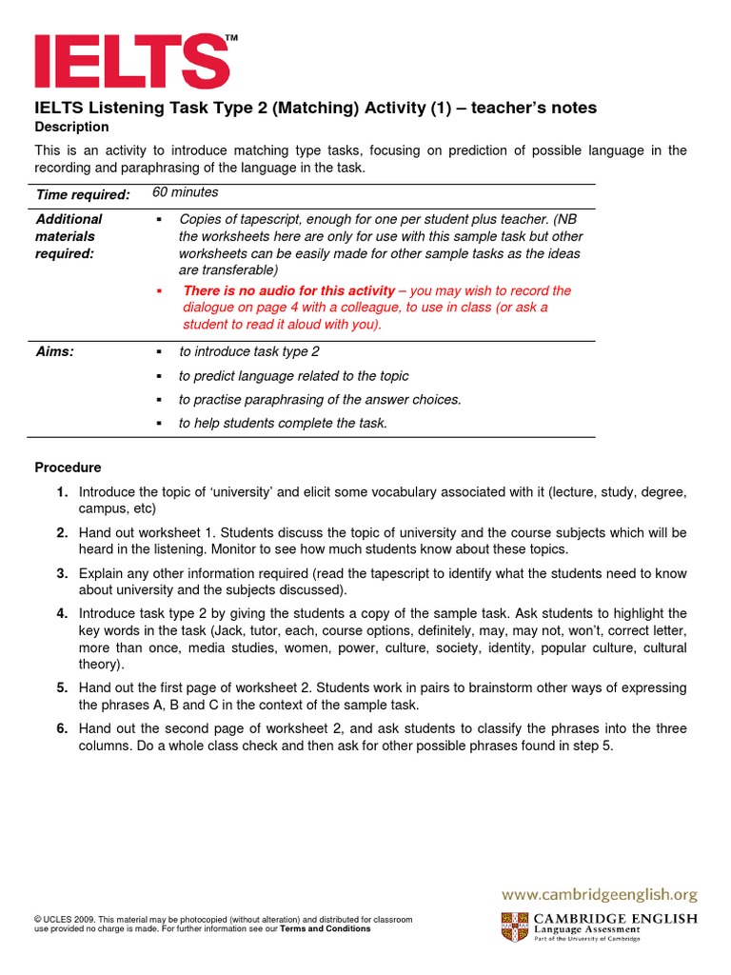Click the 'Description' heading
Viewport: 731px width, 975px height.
(71, 128)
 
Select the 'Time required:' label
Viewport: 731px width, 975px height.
(83, 195)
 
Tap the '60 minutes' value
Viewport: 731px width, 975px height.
(186, 193)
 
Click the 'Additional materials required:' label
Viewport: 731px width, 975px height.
(69, 236)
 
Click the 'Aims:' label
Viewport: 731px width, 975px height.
(55, 352)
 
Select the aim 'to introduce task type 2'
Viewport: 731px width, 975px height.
(248, 352)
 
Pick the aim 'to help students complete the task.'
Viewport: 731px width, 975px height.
(283, 424)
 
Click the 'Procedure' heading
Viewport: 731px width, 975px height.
(68, 468)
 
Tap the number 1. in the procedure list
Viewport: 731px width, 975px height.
(62, 492)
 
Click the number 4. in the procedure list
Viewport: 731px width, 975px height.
(62, 613)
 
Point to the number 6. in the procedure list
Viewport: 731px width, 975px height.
(62, 729)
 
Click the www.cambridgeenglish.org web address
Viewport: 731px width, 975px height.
(600, 895)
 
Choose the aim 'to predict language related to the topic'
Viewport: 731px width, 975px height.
(293, 376)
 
